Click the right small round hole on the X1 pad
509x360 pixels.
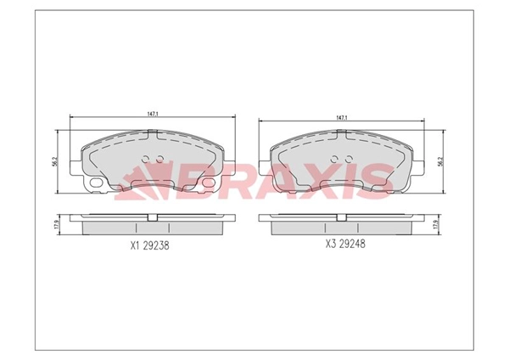158,159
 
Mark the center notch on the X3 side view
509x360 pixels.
344,218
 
